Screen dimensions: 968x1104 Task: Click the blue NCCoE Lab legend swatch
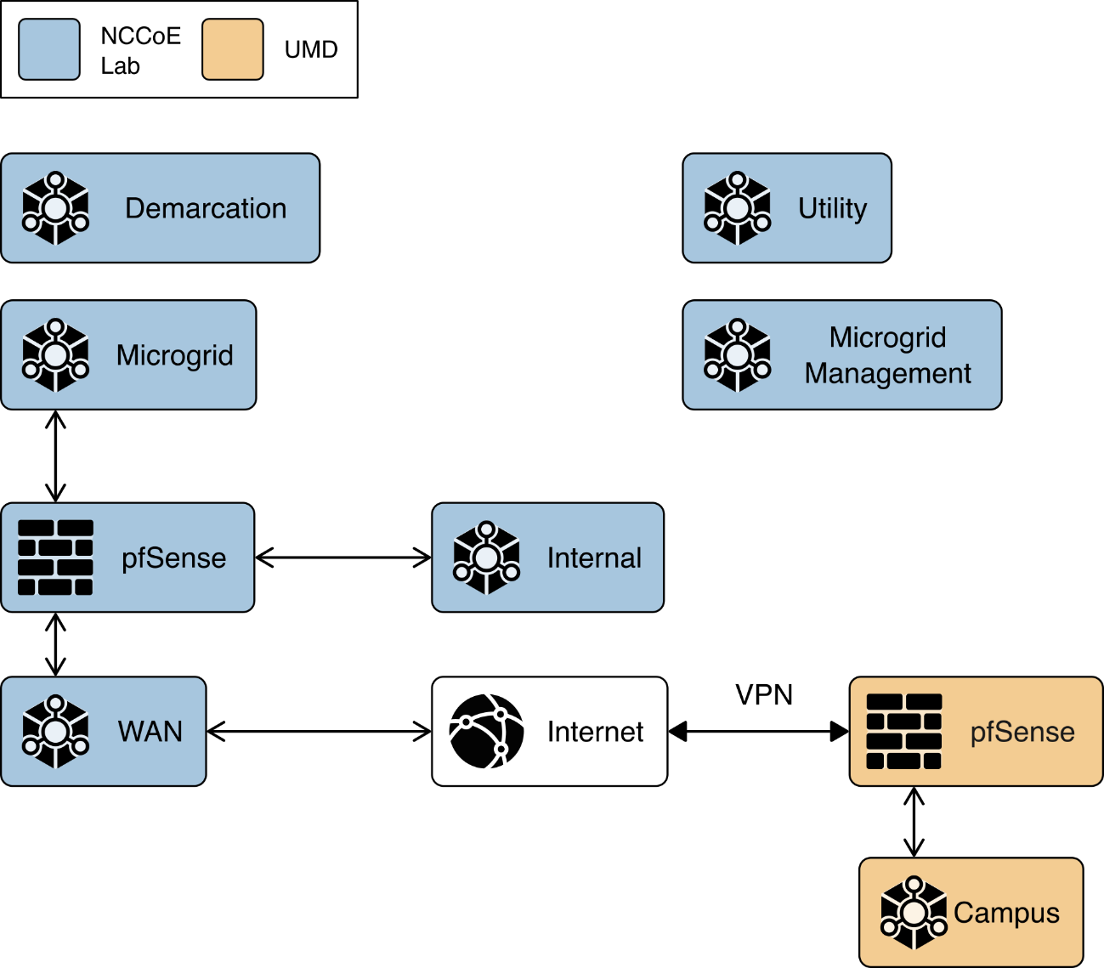(x=49, y=50)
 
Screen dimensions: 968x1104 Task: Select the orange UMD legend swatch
(x=232, y=50)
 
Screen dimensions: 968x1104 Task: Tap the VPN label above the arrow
(x=763, y=695)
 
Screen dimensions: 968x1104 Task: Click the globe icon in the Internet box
(x=486, y=731)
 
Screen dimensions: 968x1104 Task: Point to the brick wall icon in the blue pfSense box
(x=55, y=558)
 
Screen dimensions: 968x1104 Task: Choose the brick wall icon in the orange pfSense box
(x=903, y=731)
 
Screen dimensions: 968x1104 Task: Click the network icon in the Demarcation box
(x=55, y=208)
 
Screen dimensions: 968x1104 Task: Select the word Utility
(x=832, y=208)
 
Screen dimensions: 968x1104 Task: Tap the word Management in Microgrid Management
(x=887, y=373)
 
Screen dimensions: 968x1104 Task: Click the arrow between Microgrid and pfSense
(x=55, y=456)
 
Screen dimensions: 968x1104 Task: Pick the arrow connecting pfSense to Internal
(x=343, y=558)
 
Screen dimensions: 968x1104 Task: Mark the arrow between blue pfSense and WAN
(x=55, y=644)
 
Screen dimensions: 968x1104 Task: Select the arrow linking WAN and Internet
(x=319, y=731)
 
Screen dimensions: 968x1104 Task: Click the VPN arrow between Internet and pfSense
(x=758, y=731)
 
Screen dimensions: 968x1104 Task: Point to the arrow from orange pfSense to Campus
(x=914, y=822)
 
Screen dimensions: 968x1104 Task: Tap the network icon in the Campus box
(x=914, y=913)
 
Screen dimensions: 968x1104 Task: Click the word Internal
(x=594, y=558)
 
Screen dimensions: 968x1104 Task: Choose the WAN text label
(x=150, y=731)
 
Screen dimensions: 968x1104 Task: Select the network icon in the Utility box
(x=737, y=208)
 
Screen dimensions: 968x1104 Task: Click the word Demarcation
(x=206, y=208)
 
